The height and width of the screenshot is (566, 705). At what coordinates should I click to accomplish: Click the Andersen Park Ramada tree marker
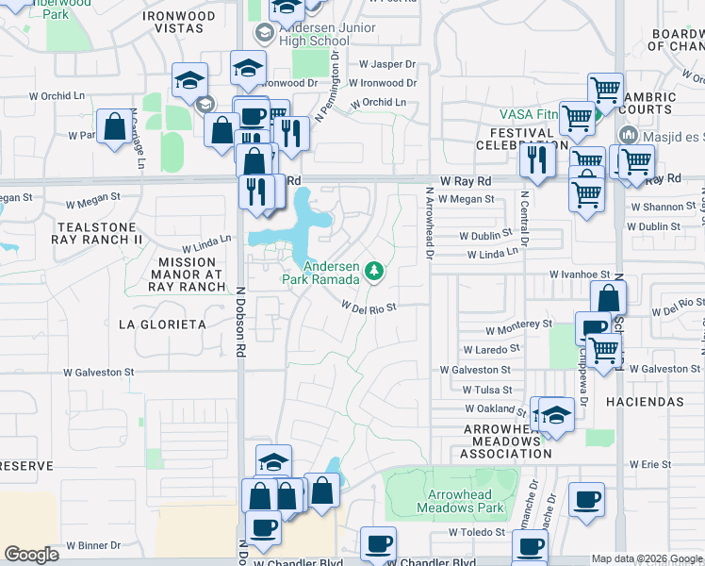tap(375, 272)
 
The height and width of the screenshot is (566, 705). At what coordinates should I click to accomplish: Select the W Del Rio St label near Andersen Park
tap(369, 307)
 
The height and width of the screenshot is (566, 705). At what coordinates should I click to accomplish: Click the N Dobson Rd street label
tap(240, 322)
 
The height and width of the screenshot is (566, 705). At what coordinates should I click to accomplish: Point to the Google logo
tap(31, 555)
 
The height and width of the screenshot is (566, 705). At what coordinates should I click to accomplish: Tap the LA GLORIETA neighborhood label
tap(161, 325)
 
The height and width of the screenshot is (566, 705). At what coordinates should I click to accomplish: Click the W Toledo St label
tap(479, 532)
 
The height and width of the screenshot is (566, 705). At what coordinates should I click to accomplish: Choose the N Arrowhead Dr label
tap(429, 223)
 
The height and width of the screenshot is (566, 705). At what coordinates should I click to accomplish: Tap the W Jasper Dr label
tap(387, 64)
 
